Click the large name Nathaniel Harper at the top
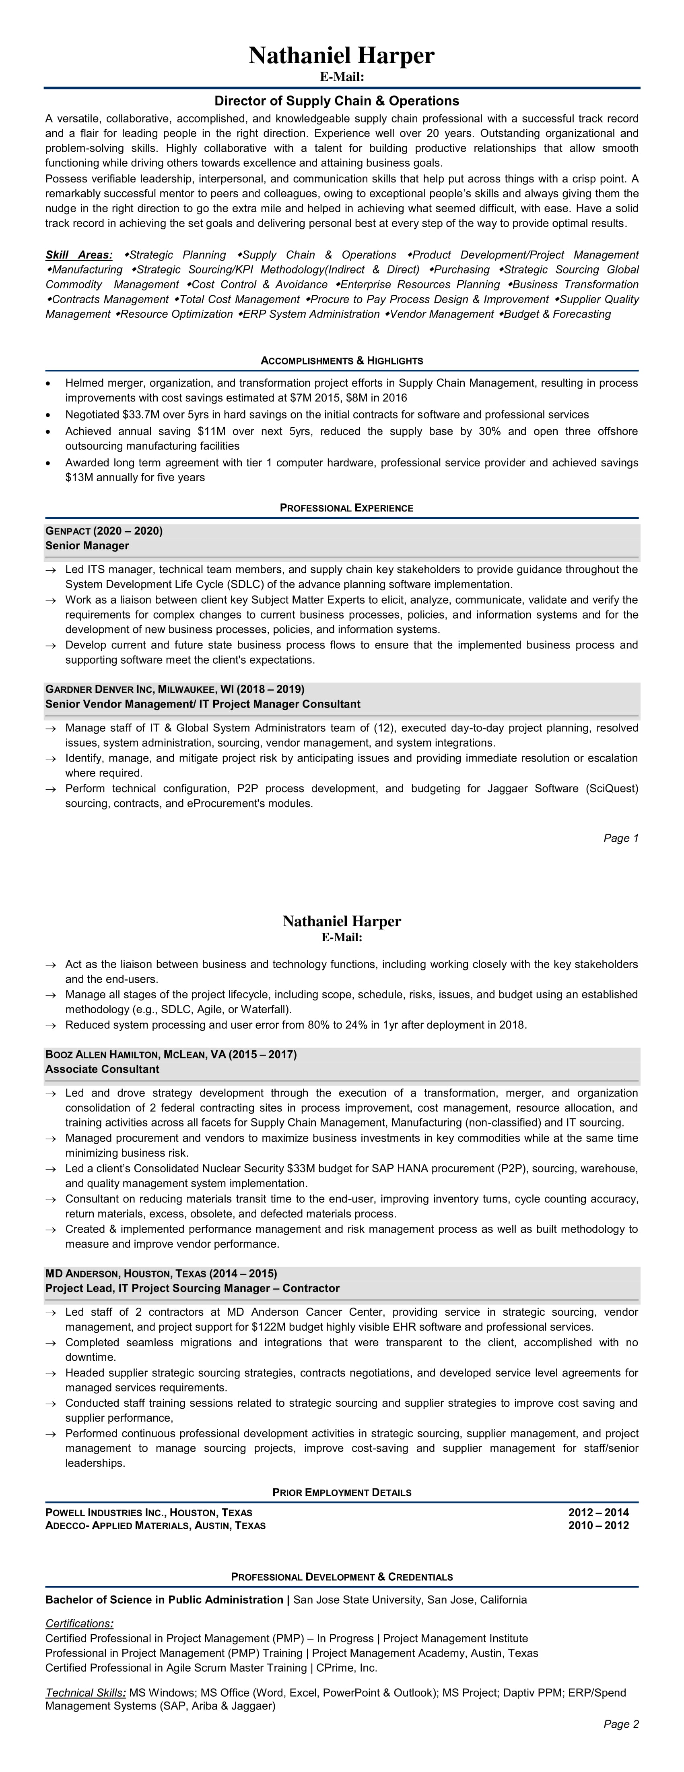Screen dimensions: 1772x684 342,56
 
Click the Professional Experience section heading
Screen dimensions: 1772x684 346,508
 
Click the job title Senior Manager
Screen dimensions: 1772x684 87,546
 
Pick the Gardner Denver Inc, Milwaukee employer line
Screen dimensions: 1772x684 175,689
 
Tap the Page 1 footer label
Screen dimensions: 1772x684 621,838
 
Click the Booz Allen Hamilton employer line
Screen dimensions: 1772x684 171,1054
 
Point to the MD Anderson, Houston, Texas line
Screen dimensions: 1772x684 161,1273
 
